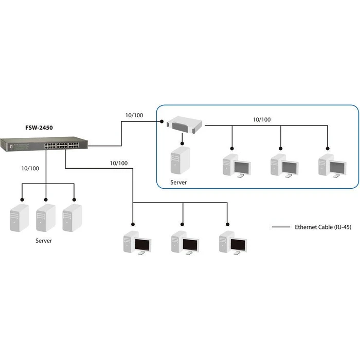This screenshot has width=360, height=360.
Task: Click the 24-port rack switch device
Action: tap(44, 142)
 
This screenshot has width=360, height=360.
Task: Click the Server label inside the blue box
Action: tap(178, 183)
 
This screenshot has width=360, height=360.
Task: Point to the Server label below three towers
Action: tap(44, 240)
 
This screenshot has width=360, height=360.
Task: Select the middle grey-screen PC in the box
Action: tap(284, 166)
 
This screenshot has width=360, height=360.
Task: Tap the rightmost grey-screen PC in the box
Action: tap(332, 166)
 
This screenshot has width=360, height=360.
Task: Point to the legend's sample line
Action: tap(281, 227)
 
